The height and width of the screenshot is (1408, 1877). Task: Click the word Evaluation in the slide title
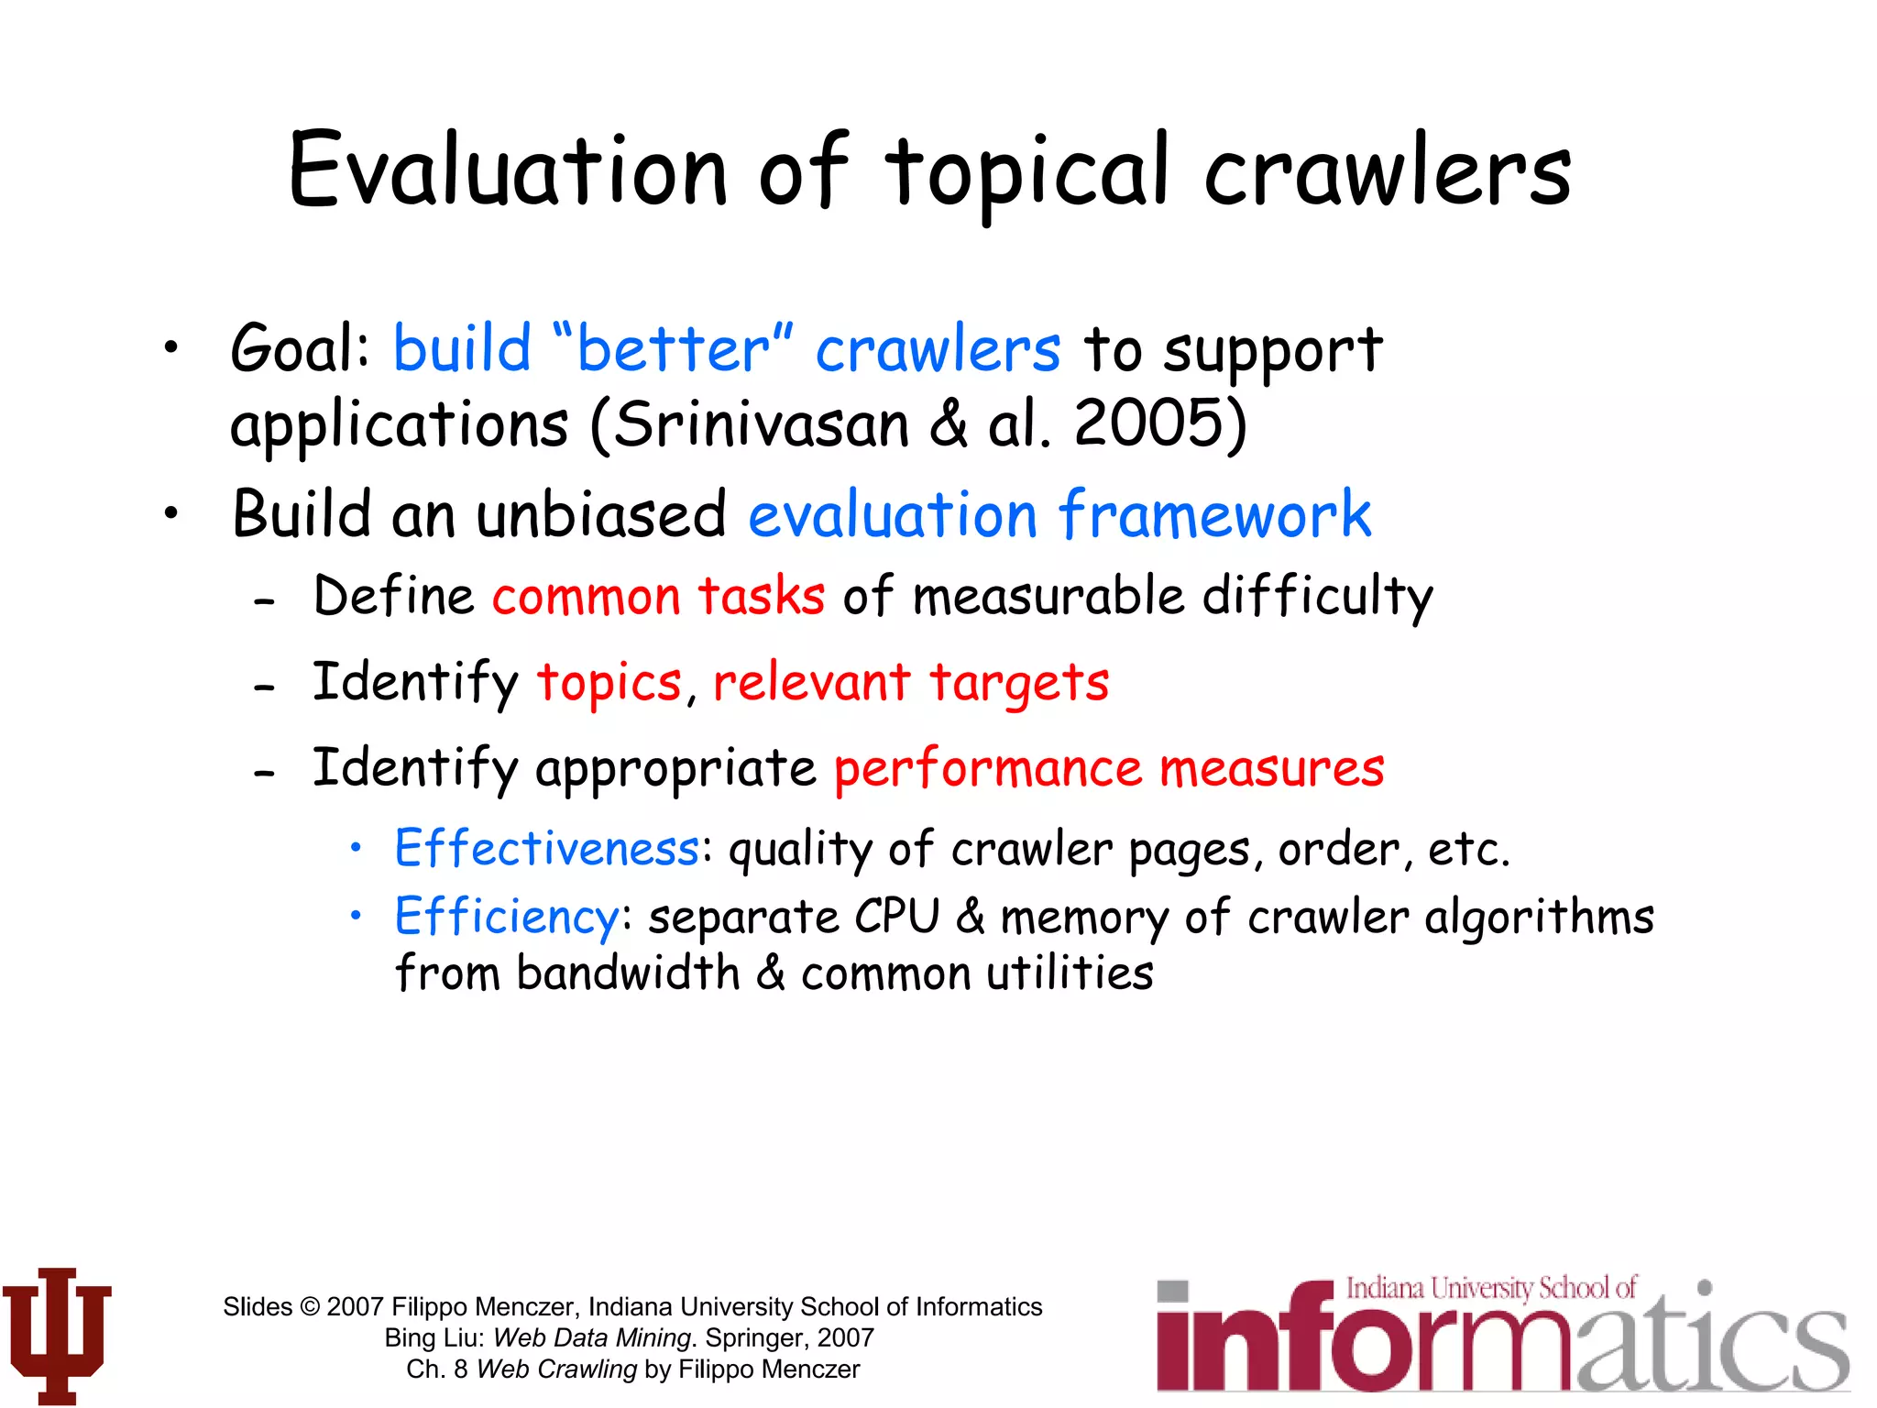click(x=509, y=171)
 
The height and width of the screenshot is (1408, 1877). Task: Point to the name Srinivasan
click(x=761, y=424)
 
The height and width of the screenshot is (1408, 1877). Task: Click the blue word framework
click(x=1215, y=514)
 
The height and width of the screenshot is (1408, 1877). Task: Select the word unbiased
click(x=601, y=514)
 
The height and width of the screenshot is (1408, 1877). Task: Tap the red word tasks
click(x=761, y=596)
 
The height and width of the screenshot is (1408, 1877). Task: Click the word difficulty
click(x=1317, y=596)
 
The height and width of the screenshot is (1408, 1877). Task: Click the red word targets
click(x=1019, y=683)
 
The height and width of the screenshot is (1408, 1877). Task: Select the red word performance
click(x=988, y=768)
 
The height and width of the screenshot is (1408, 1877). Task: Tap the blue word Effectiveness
click(x=547, y=848)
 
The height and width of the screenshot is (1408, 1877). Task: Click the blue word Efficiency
click(x=507, y=916)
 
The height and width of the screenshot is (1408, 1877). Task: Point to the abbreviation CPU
click(x=897, y=916)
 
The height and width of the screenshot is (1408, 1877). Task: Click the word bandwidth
click(x=628, y=973)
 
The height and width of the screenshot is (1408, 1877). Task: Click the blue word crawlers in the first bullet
click(x=938, y=349)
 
